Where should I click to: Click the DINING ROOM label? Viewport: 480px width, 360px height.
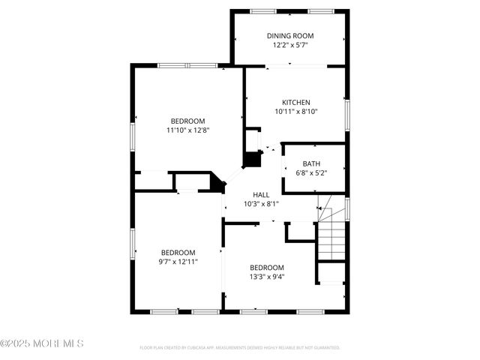290,36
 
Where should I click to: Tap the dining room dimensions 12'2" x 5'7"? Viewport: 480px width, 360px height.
290,45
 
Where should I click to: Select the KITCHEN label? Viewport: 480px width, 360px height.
295,103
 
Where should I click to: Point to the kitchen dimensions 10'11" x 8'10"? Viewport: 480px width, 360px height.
295,112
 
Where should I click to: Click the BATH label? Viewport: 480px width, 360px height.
311,163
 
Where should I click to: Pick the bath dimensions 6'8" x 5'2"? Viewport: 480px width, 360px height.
311,172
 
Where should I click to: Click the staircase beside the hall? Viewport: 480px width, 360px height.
331,232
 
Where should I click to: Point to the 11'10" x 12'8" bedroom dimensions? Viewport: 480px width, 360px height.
187,130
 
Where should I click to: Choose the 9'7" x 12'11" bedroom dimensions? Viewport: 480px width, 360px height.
178,262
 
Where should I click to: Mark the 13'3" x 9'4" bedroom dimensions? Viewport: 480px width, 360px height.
267,276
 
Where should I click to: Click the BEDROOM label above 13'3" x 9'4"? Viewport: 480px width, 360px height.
267,268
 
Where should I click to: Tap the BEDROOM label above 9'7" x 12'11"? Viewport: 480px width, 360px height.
178,253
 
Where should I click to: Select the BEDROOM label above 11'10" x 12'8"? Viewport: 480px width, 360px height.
187,121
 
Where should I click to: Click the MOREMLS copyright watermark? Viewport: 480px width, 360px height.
42,343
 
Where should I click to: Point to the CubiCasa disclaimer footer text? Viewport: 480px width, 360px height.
240,348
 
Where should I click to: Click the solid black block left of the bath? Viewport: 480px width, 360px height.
253,160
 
